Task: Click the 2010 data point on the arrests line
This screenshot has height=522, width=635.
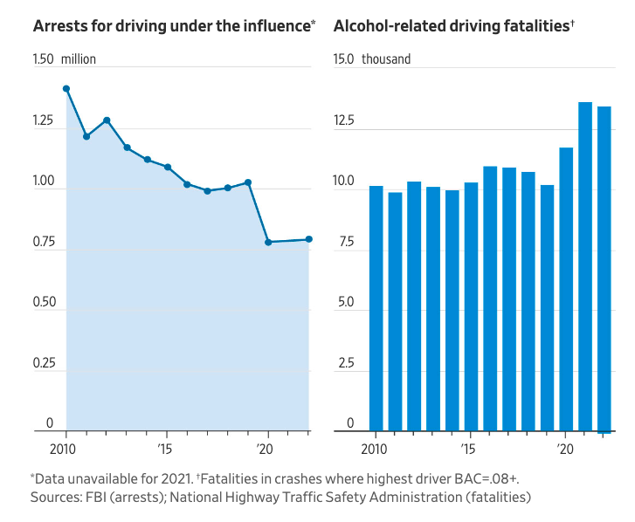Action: [x=66, y=89]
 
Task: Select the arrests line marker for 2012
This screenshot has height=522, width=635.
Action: [x=107, y=120]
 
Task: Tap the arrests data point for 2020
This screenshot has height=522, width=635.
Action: [x=268, y=242]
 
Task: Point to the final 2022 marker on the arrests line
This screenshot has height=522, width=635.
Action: [x=309, y=239]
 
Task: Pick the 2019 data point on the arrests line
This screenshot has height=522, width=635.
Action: [x=248, y=182]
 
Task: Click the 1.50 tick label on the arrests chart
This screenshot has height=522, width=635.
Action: [x=43, y=60]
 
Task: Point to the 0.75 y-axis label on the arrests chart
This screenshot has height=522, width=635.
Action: [x=43, y=243]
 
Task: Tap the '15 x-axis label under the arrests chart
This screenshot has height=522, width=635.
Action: [x=165, y=449]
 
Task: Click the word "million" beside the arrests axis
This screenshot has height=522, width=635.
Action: [x=79, y=60]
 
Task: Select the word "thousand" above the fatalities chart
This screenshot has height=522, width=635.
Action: [x=386, y=60]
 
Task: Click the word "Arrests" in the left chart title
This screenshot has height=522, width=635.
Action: [x=59, y=26]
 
